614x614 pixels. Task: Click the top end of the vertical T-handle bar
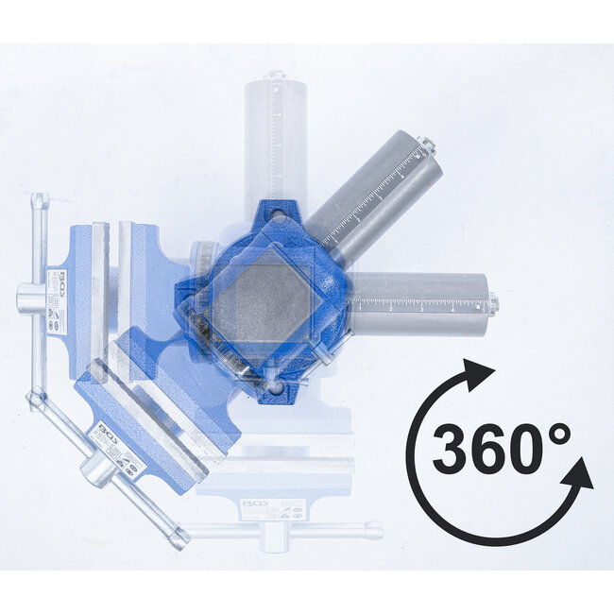pyautogui.click(x=39, y=200)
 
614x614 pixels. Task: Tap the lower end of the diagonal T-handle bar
pyautogui.click(x=178, y=539)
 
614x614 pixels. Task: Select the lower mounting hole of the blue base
pyautogui.click(x=275, y=387)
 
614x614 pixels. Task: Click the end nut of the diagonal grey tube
pyautogui.click(x=427, y=145)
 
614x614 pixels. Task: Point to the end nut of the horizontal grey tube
pyautogui.click(x=492, y=303)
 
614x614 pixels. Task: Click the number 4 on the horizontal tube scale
pyautogui.click(x=452, y=307)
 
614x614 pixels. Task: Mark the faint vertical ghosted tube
pyautogui.click(x=275, y=132)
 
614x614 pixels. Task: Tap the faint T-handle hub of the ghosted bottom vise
pyautogui.click(x=274, y=535)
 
